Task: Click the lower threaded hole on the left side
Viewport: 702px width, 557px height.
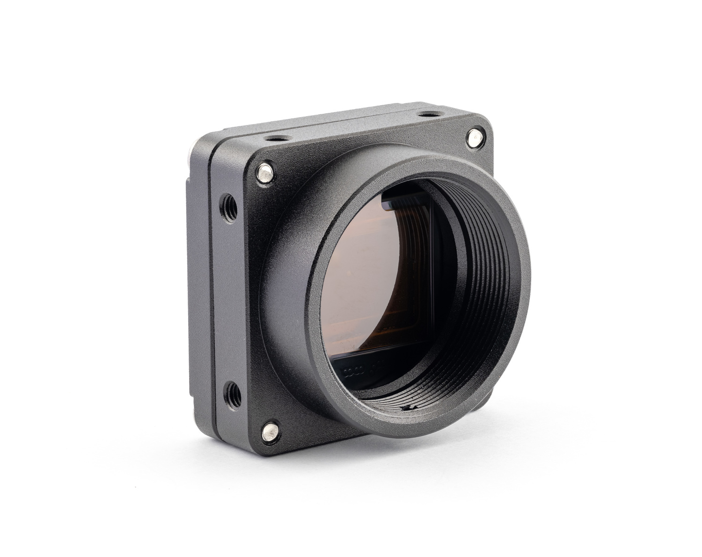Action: pyautogui.click(x=233, y=391)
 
